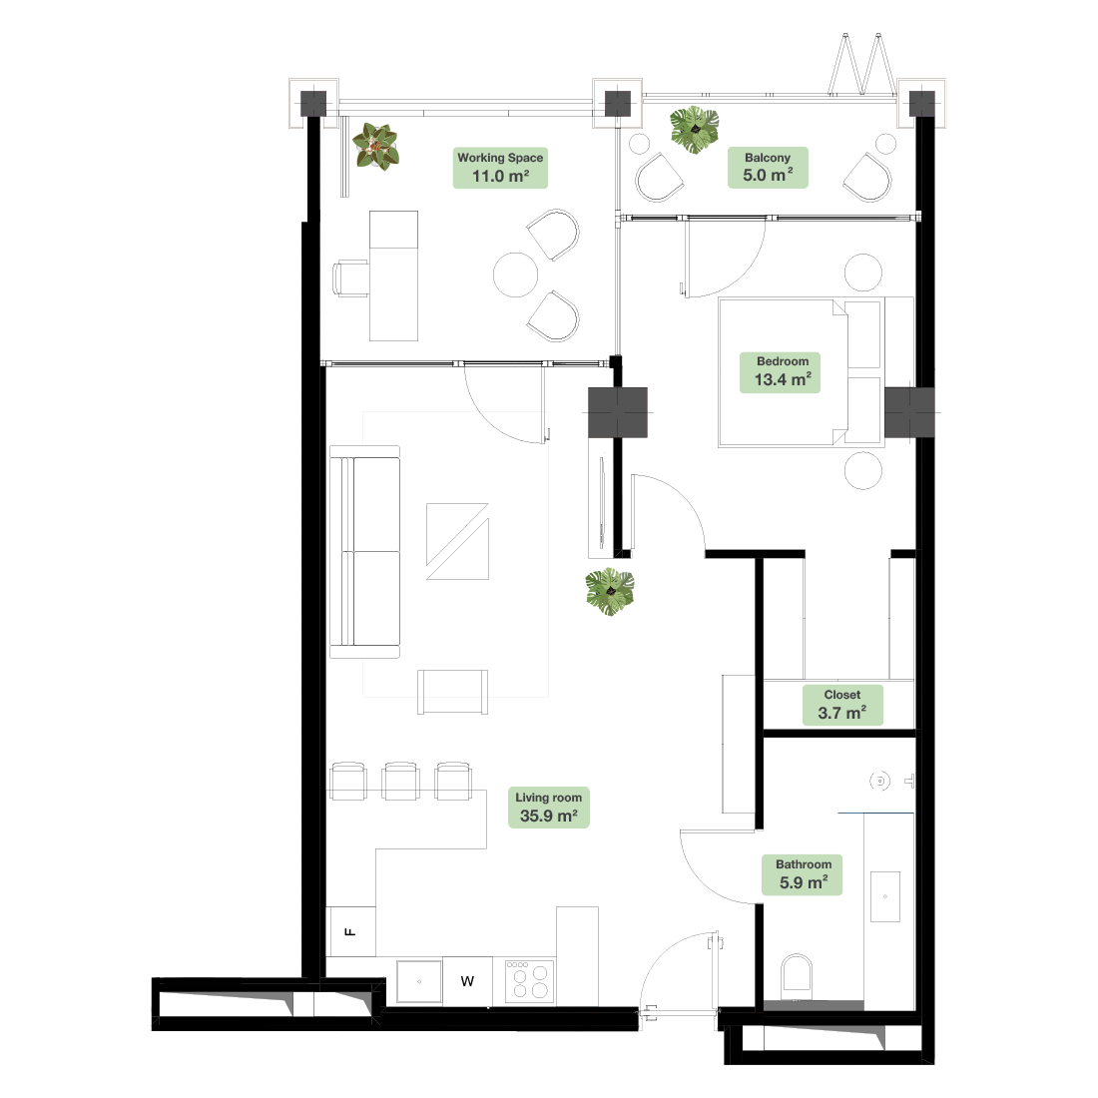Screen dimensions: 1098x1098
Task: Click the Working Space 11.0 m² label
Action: (x=500, y=168)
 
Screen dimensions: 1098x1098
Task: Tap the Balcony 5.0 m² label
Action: (x=768, y=168)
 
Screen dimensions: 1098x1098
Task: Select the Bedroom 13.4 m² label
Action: (x=781, y=372)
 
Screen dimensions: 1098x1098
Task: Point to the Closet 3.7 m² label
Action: (x=841, y=705)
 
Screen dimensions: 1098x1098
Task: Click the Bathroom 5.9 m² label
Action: (x=802, y=874)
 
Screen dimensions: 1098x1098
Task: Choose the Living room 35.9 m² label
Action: (x=548, y=808)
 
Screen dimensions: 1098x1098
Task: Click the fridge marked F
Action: (x=351, y=931)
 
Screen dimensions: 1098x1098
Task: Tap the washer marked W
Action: (x=467, y=981)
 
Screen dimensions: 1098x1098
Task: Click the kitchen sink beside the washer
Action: (x=419, y=981)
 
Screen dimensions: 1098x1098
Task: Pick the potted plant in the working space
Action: (x=376, y=147)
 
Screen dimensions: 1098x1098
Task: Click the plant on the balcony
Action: (x=694, y=130)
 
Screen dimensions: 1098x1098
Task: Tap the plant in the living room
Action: (x=610, y=592)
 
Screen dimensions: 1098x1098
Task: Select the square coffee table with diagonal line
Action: (x=457, y=541)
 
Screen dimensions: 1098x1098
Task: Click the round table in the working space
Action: (x=515, y=274)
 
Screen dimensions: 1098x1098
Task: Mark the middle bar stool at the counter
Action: (x=400, y=781)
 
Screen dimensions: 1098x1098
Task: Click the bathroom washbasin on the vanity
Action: (x=885, y=896)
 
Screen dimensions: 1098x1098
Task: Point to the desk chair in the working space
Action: (x=351, y=278)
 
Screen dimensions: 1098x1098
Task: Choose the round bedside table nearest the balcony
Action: (x=862, y=273)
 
